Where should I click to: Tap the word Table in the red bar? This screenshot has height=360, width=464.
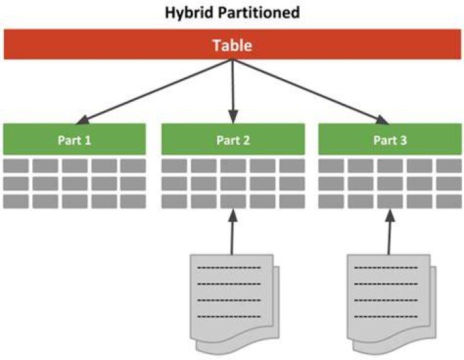pyautogui.click(x=232, y=45)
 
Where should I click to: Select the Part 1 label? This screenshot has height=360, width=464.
pyautogui.click(x=74, y=140)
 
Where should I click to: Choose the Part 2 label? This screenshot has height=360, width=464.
pyautogui.click(x=233, y=140)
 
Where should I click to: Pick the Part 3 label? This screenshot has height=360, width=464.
pyautogui.click(x=390, y=140)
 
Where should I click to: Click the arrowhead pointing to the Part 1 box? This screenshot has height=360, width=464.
pyautogui.click(x=82, y=120)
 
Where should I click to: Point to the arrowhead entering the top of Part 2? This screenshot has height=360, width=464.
pyautogui.click(x=233, y=117)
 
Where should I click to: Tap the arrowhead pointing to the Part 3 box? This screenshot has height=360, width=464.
pyautogui.click(x=382, y=120)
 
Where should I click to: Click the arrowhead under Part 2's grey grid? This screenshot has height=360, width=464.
pyautogui.click(x=233, y=216)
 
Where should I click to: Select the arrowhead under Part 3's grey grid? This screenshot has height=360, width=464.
pyautogui.click(x=391, y=216)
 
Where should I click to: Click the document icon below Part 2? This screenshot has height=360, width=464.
pyautogui.click(x=235, y=304)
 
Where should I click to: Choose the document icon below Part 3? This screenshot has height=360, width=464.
pyautogui.click(x=392, y=304)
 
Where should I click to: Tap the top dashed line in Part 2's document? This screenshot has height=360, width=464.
pyautogui.click(x=229, y=269)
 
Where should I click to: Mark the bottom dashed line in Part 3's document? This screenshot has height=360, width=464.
pyautogui.click(x=386, y=316)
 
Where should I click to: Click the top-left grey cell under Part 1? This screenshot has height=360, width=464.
pyautogui.click(x=16, y=166)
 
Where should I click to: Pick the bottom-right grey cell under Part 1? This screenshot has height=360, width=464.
pyautogui.click(x=133, y=202)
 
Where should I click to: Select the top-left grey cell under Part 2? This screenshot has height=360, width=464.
pyautogui.click(x=174, y=166)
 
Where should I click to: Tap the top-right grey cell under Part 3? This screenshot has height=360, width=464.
pyautogui.click(x=449, y=166)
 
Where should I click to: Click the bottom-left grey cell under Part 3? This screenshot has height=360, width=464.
pyautogui.click(x=331, y=202)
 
